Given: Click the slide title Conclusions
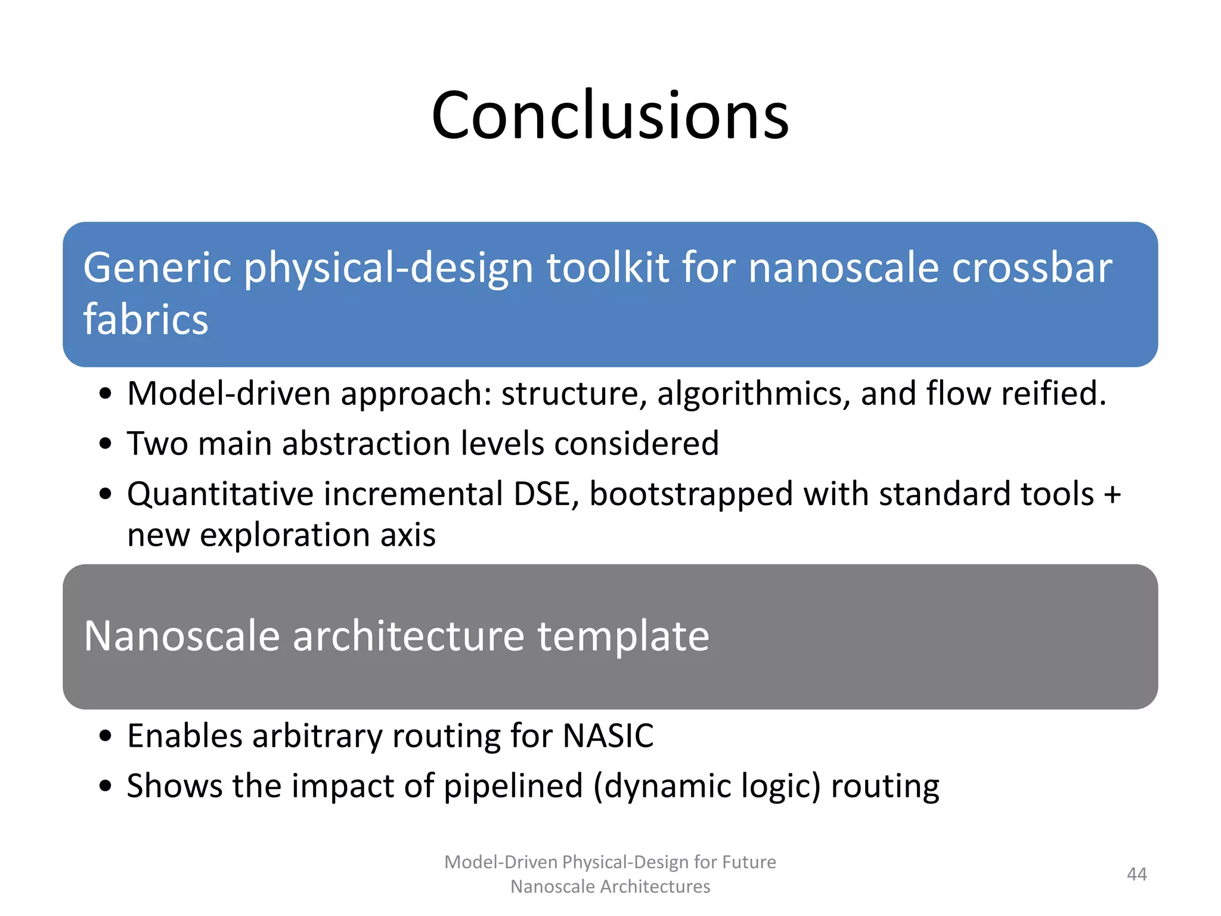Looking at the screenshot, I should click(610, 114).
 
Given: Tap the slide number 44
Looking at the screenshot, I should click(1136, 874).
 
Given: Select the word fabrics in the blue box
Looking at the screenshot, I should click(145, 320).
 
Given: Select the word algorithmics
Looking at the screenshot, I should click(754, 395).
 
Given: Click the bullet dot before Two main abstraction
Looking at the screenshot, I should click(106, 444).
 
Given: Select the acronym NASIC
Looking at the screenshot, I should click(608, 735).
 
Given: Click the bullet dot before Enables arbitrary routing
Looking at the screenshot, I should click(106, 736).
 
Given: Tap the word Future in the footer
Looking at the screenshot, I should click(748, 862).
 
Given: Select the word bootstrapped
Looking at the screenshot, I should click(690, 495).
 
